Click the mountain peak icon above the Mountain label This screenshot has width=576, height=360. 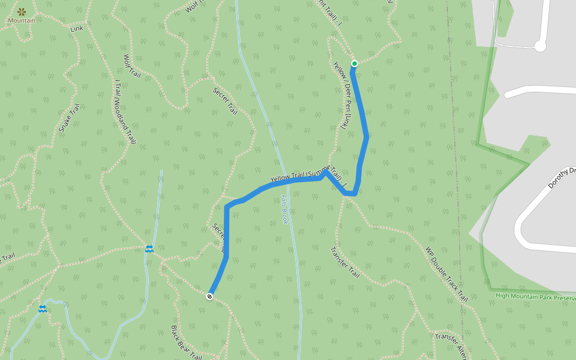(x=22, y=11)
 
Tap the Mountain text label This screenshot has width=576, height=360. (x=21, y=20)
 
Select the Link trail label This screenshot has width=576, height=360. (x=76, y=28)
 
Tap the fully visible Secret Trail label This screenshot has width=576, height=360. (x=226, y=101)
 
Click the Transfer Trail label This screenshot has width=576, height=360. (x=344, y=262)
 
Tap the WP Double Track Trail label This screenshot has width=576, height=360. (x=446, y=274)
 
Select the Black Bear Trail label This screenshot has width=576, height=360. (x=185, y=343)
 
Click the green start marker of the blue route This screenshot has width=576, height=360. (x=355, y=64)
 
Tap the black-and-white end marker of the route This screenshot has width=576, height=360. (x=210, y=296)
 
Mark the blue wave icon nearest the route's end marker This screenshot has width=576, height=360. (x=148, y=248)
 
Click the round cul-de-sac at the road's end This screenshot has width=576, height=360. (x=540, y=46)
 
